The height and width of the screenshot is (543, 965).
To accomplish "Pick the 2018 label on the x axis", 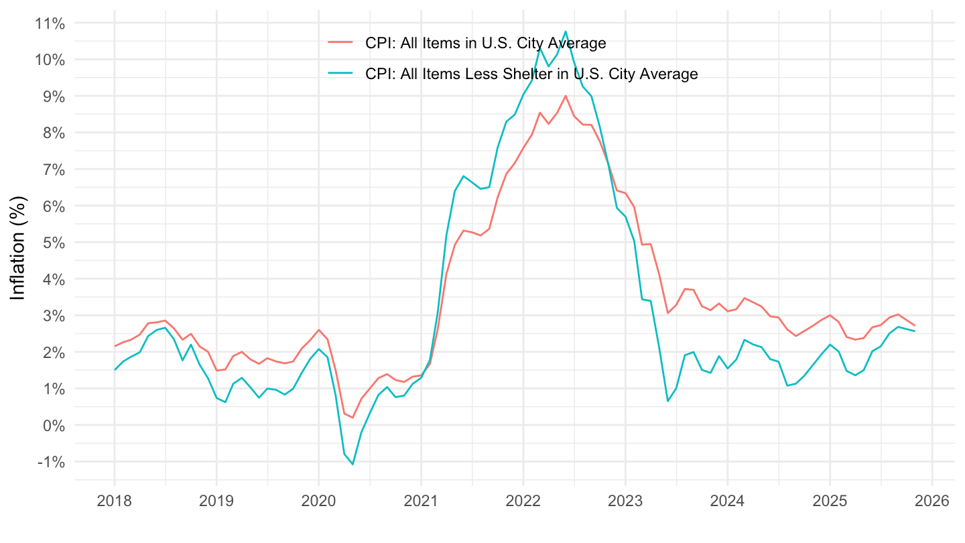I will pos(114,500).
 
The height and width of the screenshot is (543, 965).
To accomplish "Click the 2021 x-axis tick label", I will pos(421,500).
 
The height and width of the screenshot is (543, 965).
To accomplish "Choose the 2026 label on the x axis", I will pos(932,500).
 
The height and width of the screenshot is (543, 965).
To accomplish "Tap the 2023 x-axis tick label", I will pos(625,500).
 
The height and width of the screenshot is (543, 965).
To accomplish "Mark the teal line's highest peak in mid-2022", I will pos(566,31).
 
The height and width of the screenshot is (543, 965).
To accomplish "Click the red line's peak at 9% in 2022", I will pos(566,96).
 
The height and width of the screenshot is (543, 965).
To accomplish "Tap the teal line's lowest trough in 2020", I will pos(352,464).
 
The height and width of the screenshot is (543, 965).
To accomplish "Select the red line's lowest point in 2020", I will pos(352,418).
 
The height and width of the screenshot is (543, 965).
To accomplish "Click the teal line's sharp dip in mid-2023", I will pos(667,401).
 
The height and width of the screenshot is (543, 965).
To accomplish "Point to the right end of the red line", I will pos(915,326).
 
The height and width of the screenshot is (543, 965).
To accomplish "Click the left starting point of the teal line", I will pos(115,369).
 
